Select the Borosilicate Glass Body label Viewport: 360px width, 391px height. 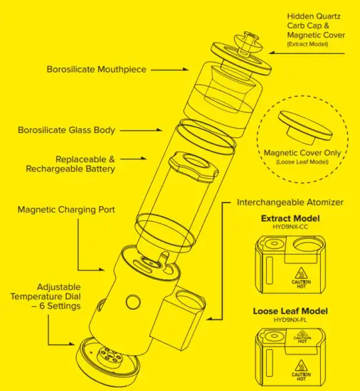pos(66,130)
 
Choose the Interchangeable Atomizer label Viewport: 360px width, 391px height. pos(290,203)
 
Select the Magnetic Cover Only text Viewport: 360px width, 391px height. pos(306,152)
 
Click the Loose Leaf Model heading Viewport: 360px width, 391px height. pos(290,311)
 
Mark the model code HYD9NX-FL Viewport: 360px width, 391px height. pos(290,320)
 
